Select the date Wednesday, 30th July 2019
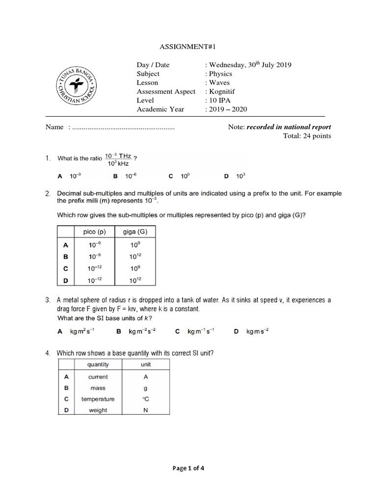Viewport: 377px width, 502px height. [250, 65]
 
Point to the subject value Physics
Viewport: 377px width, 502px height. [220, 74]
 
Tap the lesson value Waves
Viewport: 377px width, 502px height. [219, 83]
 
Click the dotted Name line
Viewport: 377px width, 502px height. [123, 127]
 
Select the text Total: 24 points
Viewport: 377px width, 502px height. [307, 136]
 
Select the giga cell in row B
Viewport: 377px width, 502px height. [135, 256]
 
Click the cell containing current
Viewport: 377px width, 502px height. [98, 377]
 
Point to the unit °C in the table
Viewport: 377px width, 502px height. [145, 399]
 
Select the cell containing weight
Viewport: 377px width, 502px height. [98, 410]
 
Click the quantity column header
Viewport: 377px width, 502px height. [98, 365]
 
